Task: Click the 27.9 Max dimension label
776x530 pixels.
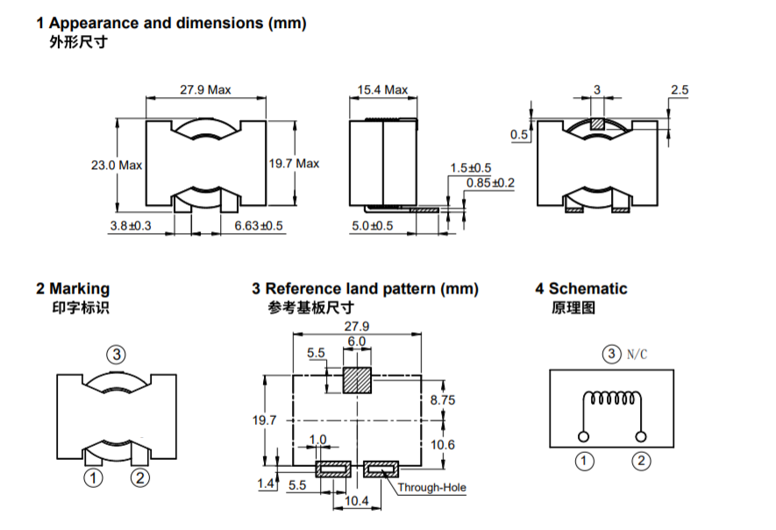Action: click(x=205, y=90)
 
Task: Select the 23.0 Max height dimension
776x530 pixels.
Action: click(x=116, y=165)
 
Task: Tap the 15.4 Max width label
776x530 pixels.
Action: click(x=383, y=90)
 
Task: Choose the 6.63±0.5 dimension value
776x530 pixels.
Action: click(x=259, y=226)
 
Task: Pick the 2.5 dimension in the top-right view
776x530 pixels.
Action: click(x=680, y=89)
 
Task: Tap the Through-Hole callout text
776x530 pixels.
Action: click(x=431, y=488)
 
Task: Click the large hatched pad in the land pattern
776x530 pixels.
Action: click(x=357, y=381)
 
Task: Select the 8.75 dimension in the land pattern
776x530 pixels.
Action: click(x=443, y=399)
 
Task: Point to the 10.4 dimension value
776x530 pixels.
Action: click(x=356, y=501)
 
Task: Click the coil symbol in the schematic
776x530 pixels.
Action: click(x=611, y=399)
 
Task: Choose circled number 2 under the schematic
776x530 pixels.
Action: click(x=642, y=460)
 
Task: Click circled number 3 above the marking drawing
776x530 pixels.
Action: click(x=117, y=355)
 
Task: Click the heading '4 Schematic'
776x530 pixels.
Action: click(x=581, y=288)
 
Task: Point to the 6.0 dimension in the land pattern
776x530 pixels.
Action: click(x=356, y=341)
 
